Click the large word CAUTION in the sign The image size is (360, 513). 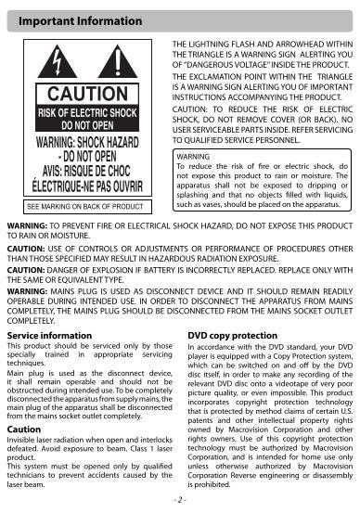[86, 94]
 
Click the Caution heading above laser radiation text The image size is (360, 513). [24, 430]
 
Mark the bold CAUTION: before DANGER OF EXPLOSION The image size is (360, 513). [26, 269]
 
